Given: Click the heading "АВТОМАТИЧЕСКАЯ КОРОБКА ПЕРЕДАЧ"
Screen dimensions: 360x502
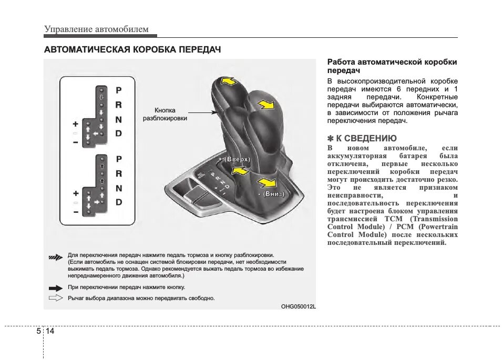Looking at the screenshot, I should tap(132, 50).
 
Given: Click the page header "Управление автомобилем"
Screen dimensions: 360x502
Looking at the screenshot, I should tap(96, 29).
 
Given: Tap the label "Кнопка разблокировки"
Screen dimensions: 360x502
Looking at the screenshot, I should tap(165, 114).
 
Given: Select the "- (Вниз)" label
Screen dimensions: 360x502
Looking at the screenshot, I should tap(271, 193).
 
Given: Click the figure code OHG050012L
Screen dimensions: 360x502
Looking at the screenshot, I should tap(298, 307).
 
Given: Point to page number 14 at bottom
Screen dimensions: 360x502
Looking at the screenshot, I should tap(50, 332).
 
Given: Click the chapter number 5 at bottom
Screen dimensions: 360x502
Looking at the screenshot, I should tap(38, 332).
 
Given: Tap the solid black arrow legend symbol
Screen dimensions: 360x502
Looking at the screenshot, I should tap(55, 288).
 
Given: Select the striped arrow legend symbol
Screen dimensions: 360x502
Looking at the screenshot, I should tap(55, 256).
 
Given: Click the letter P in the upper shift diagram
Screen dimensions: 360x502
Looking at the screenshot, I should tap(119, 90).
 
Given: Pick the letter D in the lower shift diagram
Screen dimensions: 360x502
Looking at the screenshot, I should tap(119, 202).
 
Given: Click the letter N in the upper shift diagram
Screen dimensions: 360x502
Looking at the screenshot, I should tap(119, 119).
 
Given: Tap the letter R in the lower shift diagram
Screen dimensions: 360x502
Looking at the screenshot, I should tap(119, 173).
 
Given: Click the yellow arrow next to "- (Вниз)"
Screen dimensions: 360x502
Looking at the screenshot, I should tap(266, 182).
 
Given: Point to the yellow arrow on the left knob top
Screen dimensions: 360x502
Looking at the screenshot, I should tap(228, 81).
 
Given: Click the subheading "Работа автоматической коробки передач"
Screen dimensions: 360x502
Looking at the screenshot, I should tap(392, 66).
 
